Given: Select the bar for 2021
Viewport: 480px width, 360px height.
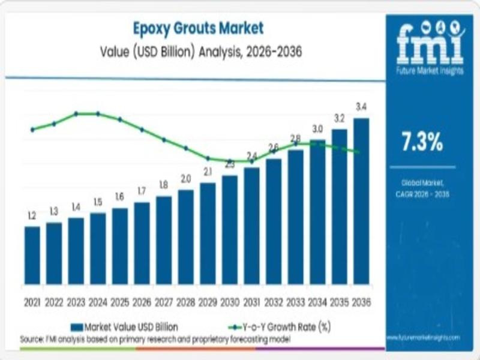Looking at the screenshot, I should (x=32, y=255).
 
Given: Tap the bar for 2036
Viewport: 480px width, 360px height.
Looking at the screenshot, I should (x=361, y=201).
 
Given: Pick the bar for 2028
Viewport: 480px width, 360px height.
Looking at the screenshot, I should (x=186, y=237).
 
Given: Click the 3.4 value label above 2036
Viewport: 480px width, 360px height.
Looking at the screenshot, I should (x=361, y=107).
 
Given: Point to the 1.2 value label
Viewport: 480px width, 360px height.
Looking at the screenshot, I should (x=32, y=215).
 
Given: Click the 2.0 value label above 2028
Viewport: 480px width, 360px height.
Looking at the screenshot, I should (x=186, y=179).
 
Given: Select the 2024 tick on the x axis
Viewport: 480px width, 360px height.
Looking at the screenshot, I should (x=98, y=302).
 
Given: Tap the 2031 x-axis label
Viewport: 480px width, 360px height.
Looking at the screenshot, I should (x=251, y=302).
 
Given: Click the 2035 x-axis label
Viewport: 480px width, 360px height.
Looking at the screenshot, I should (x=339, y=302).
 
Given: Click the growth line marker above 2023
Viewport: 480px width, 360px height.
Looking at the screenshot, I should (x=76, y=113).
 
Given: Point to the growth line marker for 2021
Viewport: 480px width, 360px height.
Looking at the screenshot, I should (x=32, y=129).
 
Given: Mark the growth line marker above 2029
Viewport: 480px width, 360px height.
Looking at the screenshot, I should (x=208, y=158).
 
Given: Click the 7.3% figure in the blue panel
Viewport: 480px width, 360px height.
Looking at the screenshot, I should (x=422, y=142).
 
